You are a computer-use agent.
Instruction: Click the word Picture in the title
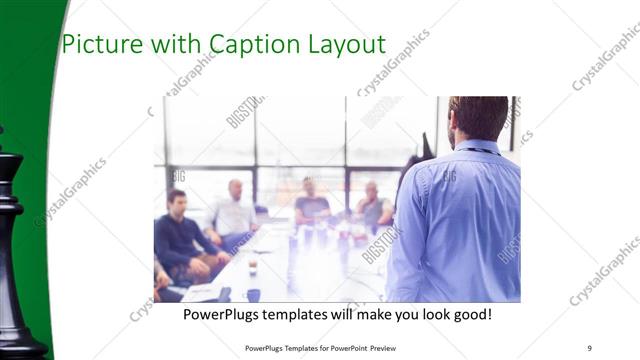click(96, 44)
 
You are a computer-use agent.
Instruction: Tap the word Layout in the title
click(345, 44)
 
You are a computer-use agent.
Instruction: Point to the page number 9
click(590, 347)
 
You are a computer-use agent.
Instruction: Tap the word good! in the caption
click(470, 314)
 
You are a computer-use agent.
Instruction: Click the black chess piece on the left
click(14, 250)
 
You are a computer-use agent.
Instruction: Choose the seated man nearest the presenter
click(373, 205)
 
